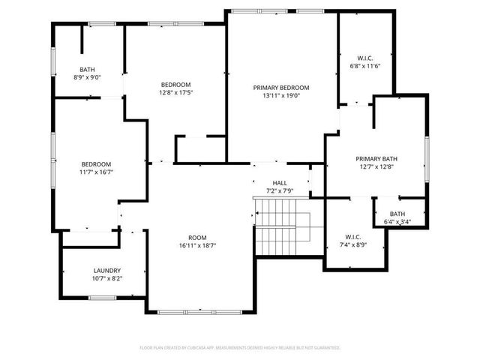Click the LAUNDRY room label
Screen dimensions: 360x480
[107, 271]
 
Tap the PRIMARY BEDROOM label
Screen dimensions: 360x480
[280, 88]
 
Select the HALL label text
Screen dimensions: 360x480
[280, 183]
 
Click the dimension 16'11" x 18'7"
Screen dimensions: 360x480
[197, 245]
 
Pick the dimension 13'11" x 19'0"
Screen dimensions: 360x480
[280, 96]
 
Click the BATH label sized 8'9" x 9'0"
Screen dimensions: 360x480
[88, 69]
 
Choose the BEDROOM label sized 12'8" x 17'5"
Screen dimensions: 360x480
[175, 85]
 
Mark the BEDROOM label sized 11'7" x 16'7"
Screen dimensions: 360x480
[97, 164]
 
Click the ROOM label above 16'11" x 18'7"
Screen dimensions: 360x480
[197, 237]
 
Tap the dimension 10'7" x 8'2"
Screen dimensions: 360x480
[107, 278]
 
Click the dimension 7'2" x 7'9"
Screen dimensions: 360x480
[280, 190]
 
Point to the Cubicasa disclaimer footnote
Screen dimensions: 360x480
[240, 348]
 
